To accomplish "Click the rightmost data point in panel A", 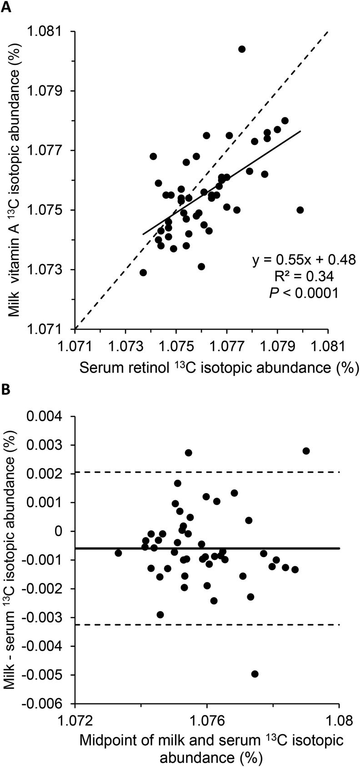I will (300, 210).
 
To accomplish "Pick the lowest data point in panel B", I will (255, 674).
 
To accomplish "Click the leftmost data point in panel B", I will (118, 553).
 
